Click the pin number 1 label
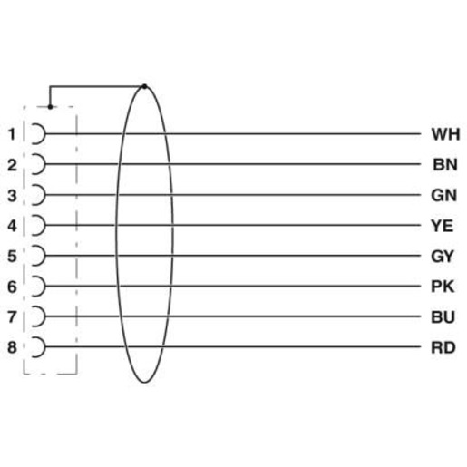point(12,134)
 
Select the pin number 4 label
point(12,226)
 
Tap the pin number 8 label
point(12,347)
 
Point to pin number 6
point(12,287)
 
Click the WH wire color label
point(445,134)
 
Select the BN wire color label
point(445,165)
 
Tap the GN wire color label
point(443,196)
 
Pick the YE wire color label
point(442,226)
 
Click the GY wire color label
point(443,257)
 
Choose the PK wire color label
point(443,287)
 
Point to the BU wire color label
point(443,317)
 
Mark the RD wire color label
point(443,347)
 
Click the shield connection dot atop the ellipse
point(144,87)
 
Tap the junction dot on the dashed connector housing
point(50,107)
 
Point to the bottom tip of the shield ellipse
point(144,383)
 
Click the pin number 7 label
point(12,317)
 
